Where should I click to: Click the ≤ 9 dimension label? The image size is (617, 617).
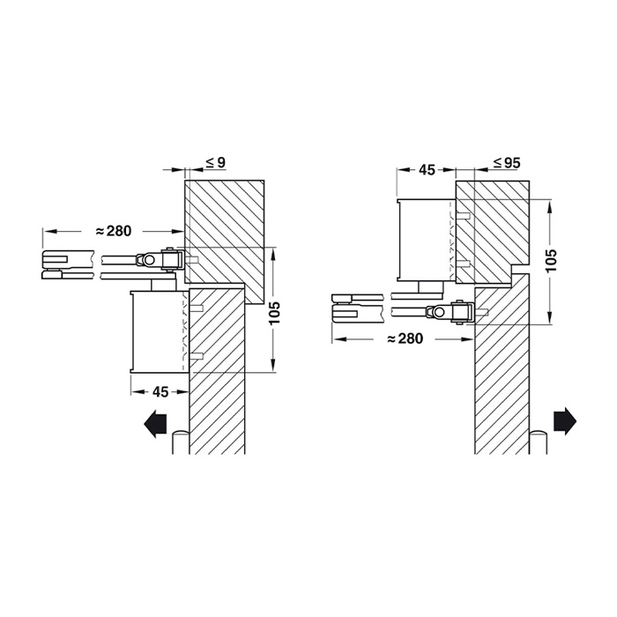(x=216, y=162)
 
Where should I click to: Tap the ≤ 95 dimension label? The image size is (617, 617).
(x=508, y=163)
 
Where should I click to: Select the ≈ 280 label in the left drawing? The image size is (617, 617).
(x=114, y=231)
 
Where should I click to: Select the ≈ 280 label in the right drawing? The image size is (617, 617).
(x=405, y=338)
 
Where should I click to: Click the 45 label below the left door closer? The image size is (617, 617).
(x=160, y=391)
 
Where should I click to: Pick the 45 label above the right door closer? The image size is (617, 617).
(x=427, y=169)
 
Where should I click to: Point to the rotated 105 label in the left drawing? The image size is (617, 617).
(x=275, y=313)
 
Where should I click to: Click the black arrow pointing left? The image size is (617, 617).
(x=156, y=424)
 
